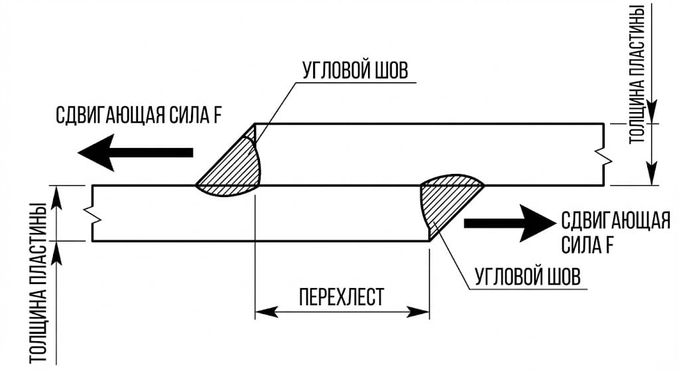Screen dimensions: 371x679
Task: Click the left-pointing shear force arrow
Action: point(133,153)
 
